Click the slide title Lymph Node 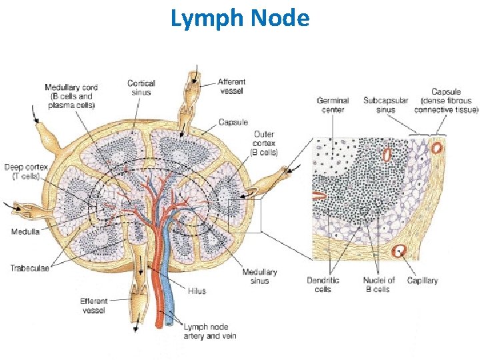click(x=240, y=18)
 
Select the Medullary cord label click(x=70, y=96)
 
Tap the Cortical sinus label click(x=141, y=88)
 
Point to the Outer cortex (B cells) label click(x=264, y=143)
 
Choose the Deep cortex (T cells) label click(x=22, y=171)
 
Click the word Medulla click(x=25, y=232)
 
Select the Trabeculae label click(x=29, y=269)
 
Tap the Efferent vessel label click(x=93, y=306)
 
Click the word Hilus click(x=197, y=291)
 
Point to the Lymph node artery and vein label click(x=209, y=331)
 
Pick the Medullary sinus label click(x=259, y=277)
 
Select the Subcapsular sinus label click(x=385, y=105)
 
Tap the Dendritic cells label click(x=323, y=285)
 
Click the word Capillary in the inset click(x=422, y=281)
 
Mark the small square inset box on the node click(x=245, y=216)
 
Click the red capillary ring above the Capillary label click(x=399, y=251)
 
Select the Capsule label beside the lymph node click(x=233, y=123)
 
